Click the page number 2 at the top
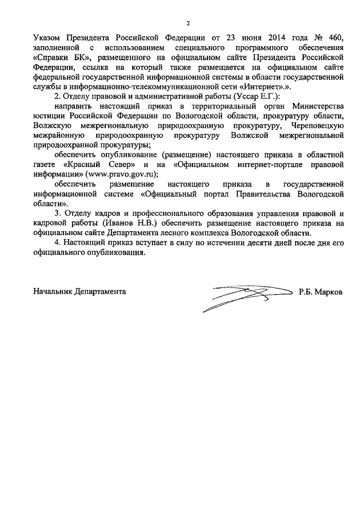point(188,23)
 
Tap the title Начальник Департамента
point(80,292)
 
